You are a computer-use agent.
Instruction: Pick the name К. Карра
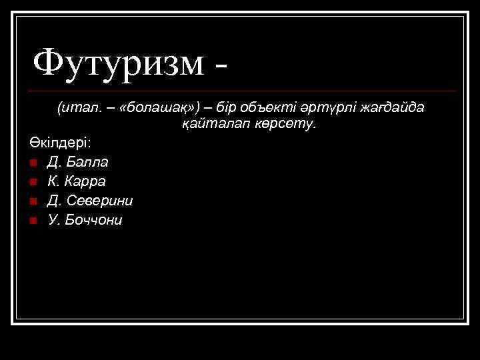77,181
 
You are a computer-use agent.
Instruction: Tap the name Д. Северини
90,201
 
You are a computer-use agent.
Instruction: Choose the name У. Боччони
85,220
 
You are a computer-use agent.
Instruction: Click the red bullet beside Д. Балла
33,163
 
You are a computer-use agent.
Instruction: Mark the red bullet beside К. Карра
33,182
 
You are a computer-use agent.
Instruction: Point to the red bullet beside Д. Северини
33,201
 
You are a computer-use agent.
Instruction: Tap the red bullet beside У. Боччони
33,221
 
